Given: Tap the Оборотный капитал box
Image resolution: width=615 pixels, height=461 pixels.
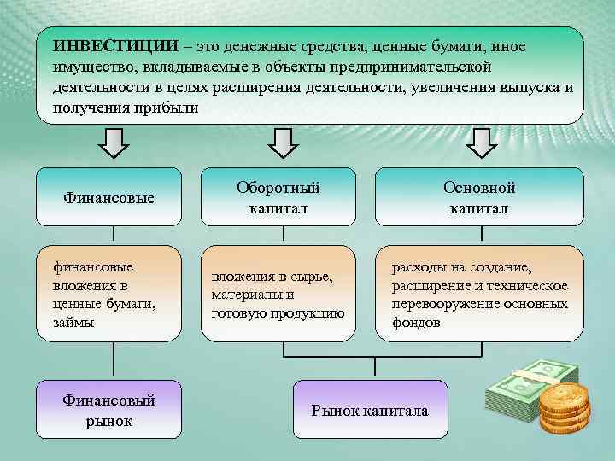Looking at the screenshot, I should click(x=278, y=197).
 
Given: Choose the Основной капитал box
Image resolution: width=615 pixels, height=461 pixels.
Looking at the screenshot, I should click(x=478, y=197).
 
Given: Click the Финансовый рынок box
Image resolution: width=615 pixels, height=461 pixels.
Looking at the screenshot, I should click(x=108, y=411).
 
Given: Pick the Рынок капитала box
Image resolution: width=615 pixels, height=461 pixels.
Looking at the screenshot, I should click(x=369, y=411).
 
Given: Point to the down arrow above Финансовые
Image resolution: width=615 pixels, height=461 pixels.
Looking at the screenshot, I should click(x=113, y=141).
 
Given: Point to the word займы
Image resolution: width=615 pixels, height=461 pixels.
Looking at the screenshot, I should click(x=72, y=323).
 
